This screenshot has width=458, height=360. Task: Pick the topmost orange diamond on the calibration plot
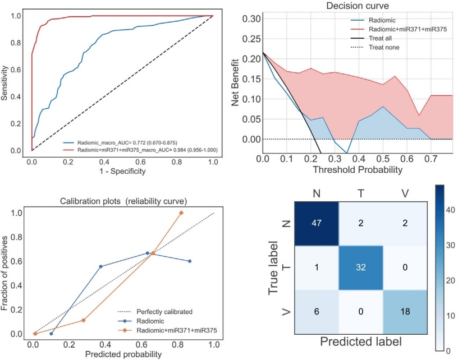tap(181, 213)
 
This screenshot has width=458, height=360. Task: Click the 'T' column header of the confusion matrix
tap(361, 193)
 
